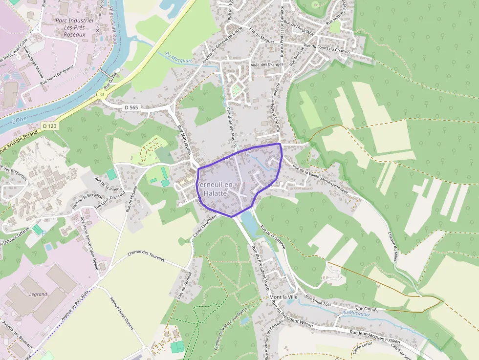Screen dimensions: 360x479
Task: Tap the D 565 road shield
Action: (x=131, y=107)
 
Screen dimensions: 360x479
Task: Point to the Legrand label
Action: (x=38, y=294)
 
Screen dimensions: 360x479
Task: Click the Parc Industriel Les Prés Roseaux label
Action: (x=75, y=27)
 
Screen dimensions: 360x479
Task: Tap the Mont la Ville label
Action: (x=283, y=297)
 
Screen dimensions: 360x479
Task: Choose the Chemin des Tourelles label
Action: (x=146, y=256)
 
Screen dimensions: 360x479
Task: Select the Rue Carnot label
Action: (x=366, y=309)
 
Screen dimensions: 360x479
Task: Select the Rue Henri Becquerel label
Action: (x=57, y=77)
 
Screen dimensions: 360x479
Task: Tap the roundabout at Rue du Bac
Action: (x=103, y=94)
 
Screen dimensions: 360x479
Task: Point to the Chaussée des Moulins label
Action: (x=231, y=127)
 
